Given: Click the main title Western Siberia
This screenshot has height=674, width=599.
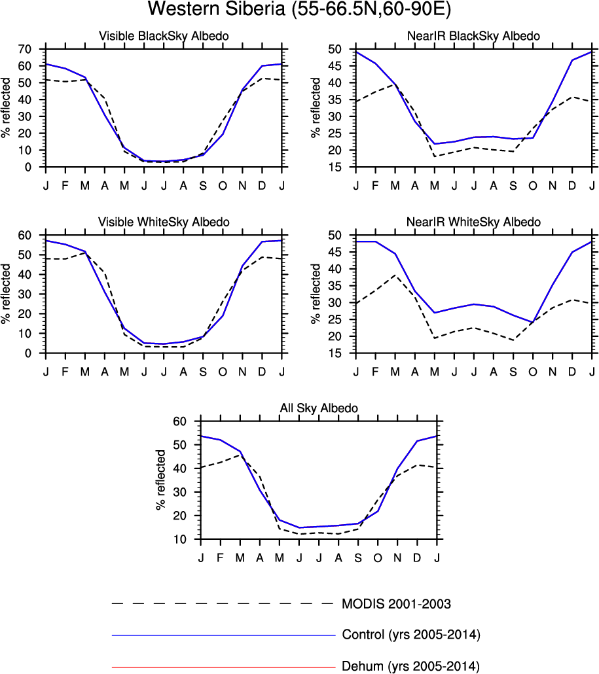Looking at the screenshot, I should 299,10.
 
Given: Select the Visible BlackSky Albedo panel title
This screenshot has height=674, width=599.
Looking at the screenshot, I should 164,37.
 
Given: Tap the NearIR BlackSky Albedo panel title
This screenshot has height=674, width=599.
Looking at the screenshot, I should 474,37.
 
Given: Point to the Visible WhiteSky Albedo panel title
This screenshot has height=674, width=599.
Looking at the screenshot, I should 164,222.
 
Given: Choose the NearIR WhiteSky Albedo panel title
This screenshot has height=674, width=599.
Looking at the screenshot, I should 474,222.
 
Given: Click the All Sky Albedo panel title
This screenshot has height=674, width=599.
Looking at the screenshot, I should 319,408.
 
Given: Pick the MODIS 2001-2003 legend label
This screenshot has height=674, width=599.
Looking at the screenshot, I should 397,603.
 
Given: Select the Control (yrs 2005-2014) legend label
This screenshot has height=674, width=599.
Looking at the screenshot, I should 412,635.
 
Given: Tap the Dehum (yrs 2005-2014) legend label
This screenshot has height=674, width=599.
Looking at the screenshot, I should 411,667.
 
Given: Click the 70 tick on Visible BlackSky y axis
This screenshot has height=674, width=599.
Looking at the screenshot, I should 26,50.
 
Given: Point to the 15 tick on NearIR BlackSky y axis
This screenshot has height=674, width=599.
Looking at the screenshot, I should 336,168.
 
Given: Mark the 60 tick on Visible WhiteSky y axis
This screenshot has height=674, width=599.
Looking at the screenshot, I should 26,236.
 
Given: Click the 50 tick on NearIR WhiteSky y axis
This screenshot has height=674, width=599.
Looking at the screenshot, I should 336,236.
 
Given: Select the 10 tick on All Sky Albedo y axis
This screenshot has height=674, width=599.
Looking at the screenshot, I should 181,539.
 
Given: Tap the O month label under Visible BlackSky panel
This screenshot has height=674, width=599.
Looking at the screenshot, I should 223,186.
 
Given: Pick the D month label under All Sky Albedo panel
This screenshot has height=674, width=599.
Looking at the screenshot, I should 417,558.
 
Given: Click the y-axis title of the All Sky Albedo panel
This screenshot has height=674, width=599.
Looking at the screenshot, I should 160,480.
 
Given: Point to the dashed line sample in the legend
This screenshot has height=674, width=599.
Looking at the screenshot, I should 223,603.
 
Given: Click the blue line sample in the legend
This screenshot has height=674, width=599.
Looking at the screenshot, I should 223,635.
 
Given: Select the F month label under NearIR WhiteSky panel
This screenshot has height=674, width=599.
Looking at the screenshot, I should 376,372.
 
